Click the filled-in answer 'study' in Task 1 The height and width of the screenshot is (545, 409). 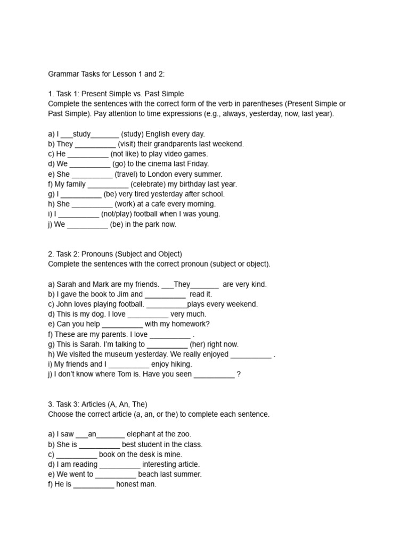(x=82, y=134)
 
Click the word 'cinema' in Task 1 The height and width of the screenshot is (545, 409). (x=151, y=164)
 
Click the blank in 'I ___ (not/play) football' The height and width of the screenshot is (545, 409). (x=78, y=214)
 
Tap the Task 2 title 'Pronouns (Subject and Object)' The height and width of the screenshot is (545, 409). (x=132, y=254)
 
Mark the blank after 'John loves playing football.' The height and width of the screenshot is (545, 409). (x=167, y=304)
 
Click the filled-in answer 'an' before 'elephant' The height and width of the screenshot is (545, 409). (x=92, y=434)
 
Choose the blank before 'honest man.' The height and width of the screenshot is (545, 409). (x=94, y=484)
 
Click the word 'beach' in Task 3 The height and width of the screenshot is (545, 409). (x=148, y=474)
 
